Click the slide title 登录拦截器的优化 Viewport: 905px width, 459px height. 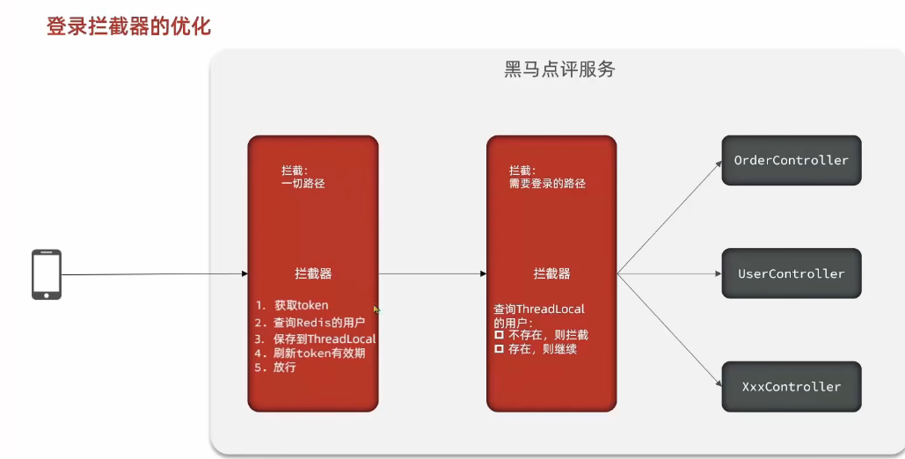(128, 26)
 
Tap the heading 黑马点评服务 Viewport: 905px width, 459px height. (559, 69)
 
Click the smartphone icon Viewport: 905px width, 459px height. (47, 274)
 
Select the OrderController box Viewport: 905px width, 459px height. (791, 161)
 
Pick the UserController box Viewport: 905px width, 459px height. (791, 273)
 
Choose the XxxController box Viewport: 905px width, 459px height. (791, 386)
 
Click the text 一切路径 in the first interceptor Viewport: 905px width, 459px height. (303, 184)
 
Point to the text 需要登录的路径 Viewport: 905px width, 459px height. (547, 184)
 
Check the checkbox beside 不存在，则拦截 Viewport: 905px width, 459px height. (499, 335)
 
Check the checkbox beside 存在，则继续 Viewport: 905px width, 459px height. (499, 349)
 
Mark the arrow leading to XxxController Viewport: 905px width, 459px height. (669, 331)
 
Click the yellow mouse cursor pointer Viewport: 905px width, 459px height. (377, 310)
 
